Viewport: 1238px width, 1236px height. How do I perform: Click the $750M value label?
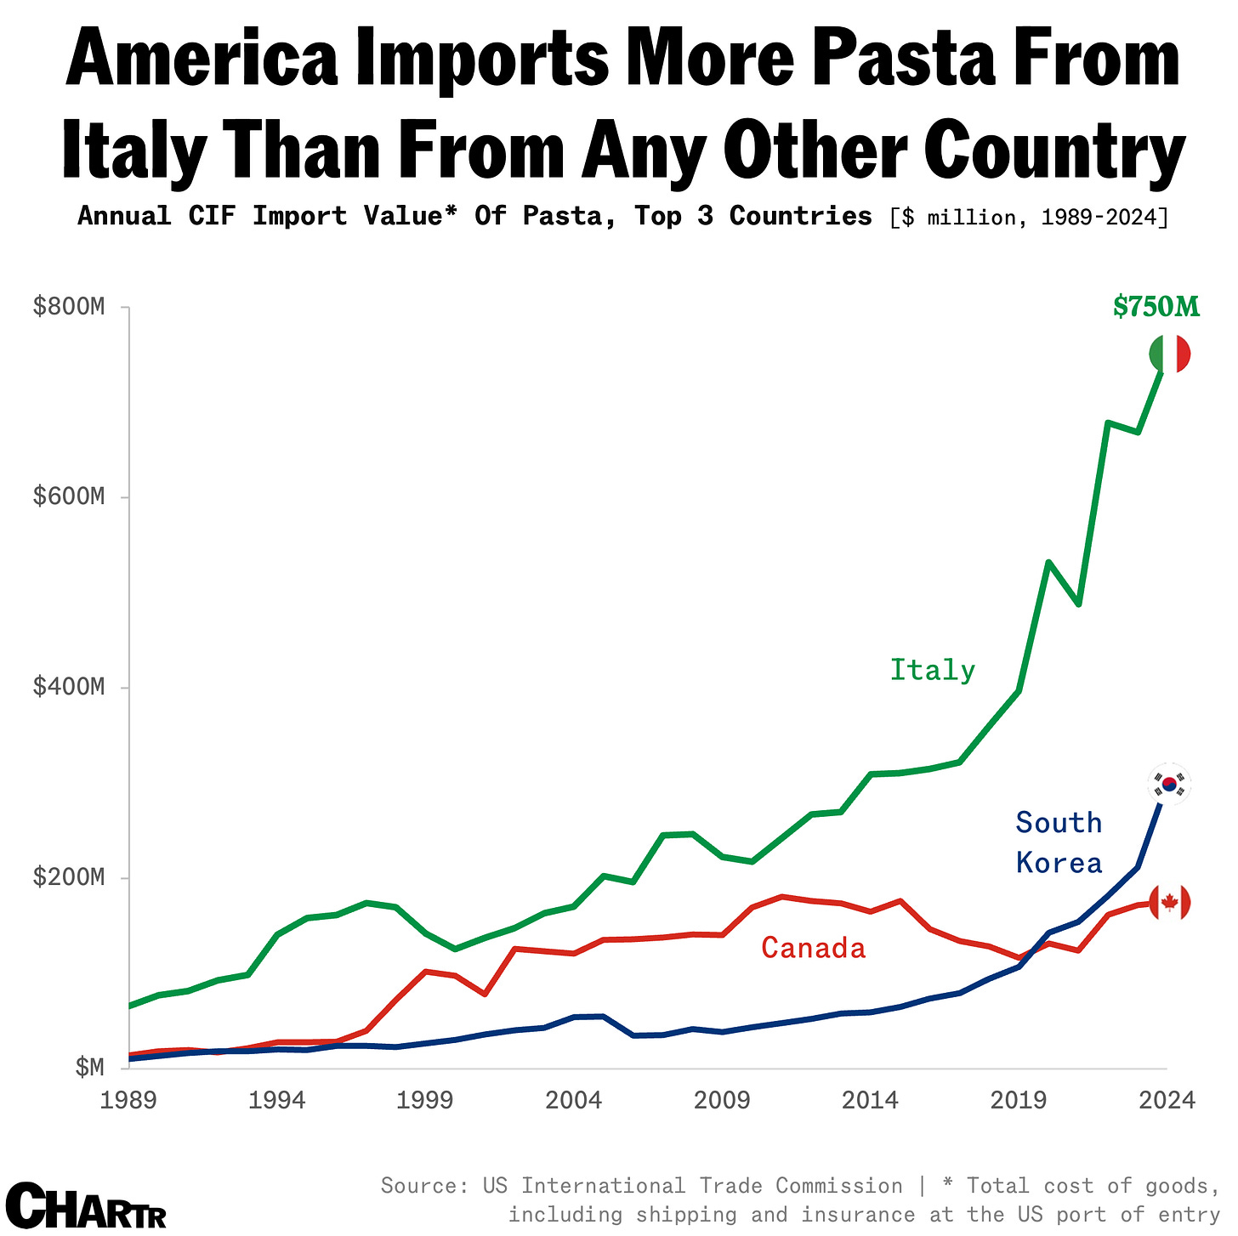[x=1156, y=307]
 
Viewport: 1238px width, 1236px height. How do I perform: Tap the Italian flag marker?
[x=1169, y=354]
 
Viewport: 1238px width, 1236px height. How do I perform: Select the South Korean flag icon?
[x=1169, y=784]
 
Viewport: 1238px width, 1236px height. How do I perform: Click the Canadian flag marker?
[x=1169, y=903]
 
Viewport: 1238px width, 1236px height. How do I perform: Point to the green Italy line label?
[x=932, y=671]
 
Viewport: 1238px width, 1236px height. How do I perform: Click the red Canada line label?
[x=813, y=948]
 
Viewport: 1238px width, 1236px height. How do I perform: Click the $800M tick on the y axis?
[x=68, y=307]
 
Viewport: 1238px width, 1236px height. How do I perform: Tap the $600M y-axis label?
[x=68, y=497]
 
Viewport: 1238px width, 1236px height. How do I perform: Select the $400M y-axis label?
[x=68, y=688]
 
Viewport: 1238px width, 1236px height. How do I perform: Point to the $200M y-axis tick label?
[x=68, y=878]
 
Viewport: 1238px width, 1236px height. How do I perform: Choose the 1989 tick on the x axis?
[x=128, y=1101]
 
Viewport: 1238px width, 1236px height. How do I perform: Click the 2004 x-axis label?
[x=574, y=1101]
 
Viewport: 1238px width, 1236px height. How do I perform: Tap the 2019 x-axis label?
[x=1019, y=1101]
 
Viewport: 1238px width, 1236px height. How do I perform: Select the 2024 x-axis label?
[x=1167, y=1101]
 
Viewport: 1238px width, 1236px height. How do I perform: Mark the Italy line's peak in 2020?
[x=1048, y=562]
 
